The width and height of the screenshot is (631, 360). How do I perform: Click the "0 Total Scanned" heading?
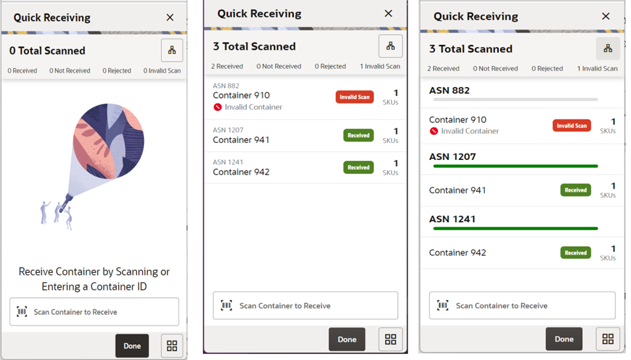[47, 51]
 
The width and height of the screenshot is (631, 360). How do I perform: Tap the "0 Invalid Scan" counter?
[162, 70]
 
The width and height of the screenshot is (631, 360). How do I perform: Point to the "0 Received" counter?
[22, 70]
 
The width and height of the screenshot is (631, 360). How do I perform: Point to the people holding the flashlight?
[56, 213]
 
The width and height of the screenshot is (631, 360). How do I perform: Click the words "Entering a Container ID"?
[94, 286]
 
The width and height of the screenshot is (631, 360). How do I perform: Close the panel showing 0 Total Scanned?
[169, 18]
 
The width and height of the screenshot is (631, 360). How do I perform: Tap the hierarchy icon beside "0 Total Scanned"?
[171, 50]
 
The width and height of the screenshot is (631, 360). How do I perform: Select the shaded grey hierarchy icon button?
[608, 48]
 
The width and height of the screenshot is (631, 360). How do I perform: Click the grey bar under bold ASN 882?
[514, 100]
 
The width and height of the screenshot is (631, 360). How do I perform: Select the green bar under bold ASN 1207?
[515, 166]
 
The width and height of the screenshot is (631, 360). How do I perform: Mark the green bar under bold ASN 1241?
[515, 229]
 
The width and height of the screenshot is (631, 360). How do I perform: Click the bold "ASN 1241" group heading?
[452, 219]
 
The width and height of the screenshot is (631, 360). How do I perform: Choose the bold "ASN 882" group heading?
[449, 90]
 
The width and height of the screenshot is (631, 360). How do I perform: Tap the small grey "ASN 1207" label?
[228, 130]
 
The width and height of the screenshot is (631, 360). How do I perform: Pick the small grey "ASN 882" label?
[226, 86]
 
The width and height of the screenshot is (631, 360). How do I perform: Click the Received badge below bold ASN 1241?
[575, 253]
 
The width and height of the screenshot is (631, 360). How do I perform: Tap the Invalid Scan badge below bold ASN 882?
[571, 126]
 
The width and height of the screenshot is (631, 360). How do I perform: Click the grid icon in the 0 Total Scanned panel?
[171, 345]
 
